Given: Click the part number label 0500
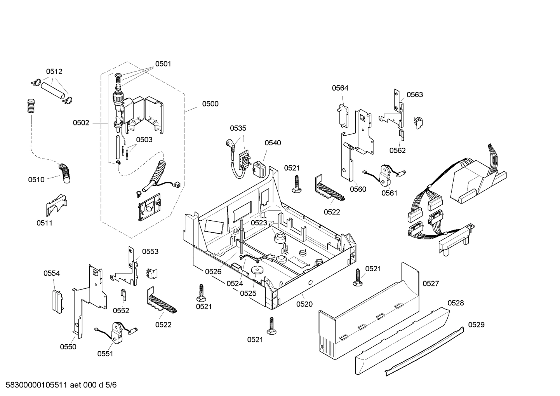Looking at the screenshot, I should (210, 104).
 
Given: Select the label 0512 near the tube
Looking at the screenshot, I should (54, 72).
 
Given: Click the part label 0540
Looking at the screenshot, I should (273, 143).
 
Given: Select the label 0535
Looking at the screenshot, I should (238, 128).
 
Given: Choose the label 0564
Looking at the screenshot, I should (340, 88).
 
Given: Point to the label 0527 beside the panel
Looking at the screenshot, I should (430, 284).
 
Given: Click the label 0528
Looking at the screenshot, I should (456, 303).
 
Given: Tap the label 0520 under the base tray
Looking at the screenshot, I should (304, 304).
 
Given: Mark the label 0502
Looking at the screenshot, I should (81, 123).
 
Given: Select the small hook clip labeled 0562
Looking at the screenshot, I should (402, 135).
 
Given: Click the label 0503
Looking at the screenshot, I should (144, 140).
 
